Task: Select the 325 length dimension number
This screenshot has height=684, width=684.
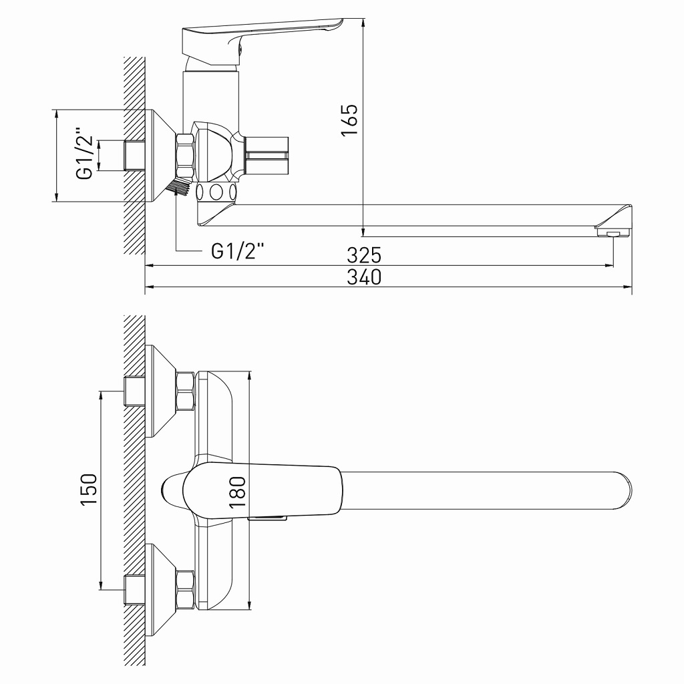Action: (x=364, y=254)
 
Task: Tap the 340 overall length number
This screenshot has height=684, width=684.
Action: (x=364, y=277)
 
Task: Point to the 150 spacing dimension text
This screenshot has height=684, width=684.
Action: (x=89, y=490)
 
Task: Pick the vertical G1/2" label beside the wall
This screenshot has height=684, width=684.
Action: (x=84, y=154)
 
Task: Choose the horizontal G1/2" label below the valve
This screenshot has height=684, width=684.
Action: (x=238, y=251)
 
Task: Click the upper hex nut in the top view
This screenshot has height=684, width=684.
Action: (x=185, y=391)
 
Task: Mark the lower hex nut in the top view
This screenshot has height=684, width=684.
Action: (x=185, y=590)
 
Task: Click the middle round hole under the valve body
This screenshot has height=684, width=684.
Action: (x=216, y=192)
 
